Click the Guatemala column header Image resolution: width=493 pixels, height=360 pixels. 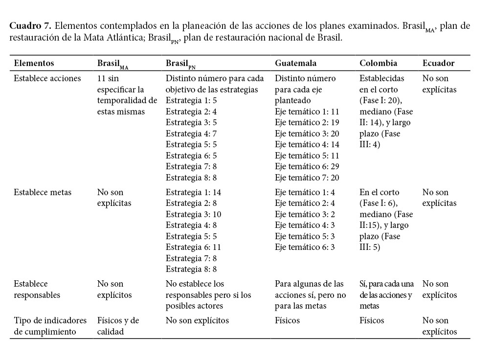(x=295, y=63)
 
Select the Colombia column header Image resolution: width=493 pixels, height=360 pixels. (x=378, y=63)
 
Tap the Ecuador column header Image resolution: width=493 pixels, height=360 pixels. (x=438, y=63)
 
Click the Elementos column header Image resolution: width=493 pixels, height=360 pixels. (x=34, y=63)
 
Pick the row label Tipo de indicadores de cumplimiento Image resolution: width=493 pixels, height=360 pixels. (x=50, y=326)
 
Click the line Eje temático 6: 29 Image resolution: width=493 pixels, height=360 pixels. (x=307, y=167)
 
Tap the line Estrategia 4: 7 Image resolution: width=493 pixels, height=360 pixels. (x=191, y=134)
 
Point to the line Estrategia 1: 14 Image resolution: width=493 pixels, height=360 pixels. (x=193, y=192)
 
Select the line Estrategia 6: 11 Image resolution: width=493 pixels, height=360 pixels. (x=193, y=247)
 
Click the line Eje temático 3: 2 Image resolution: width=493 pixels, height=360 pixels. (x=305, y=214)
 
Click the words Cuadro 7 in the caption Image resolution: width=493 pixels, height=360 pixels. (x=30, y=26)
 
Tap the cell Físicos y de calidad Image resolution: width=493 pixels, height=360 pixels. (x=118, y=326)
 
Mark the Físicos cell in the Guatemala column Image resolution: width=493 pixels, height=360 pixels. (x=287, y=321)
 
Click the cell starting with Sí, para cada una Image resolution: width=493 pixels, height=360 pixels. (x=386, y=294)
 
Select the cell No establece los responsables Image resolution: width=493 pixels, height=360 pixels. (x=208, y=294)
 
